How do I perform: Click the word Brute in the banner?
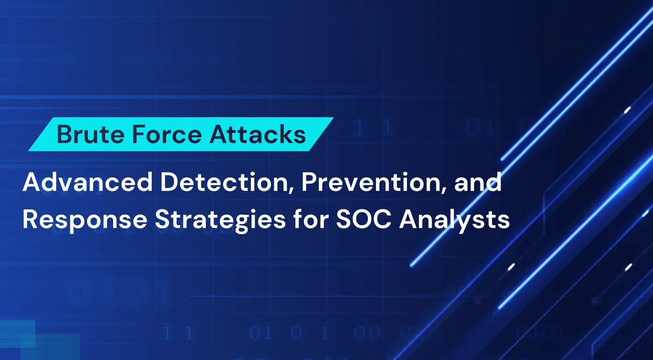[83, 134]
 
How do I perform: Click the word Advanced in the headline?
[84, 183]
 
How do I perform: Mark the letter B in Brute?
[64, 134]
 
